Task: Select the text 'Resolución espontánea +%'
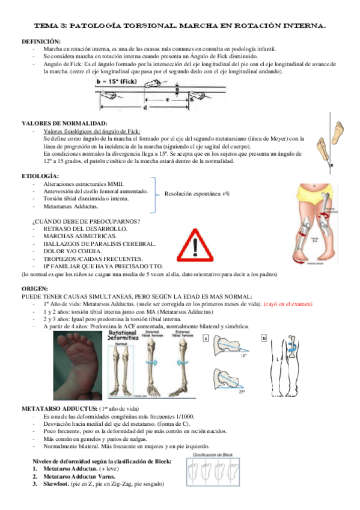point(197,194)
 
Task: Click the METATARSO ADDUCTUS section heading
point(61,408)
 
